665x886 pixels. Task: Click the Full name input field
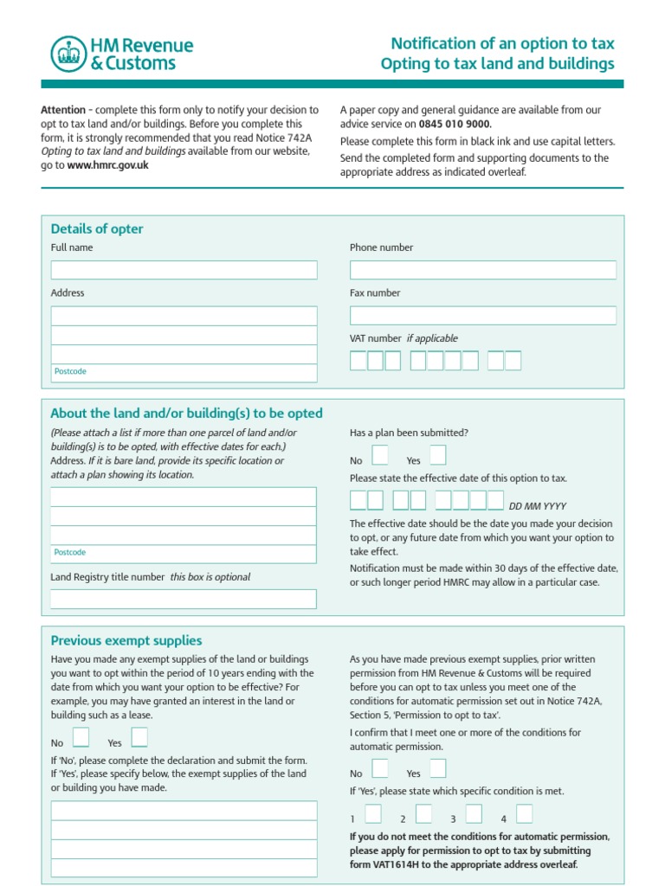coord(184,270)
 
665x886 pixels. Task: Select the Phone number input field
coord(482,270)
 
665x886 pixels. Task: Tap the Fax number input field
coord(482,316)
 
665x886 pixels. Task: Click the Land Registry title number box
coord(184,599)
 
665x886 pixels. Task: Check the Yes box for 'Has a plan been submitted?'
coord(437,455)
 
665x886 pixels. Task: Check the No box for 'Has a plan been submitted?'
coord(379,455)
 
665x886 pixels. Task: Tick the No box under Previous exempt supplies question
coord(81,737)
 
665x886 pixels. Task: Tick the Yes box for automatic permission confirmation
coord(437,768)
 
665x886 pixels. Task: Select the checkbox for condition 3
coord(474,813)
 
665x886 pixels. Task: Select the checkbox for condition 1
coord(373,813)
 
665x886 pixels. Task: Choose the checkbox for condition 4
coord(524,813)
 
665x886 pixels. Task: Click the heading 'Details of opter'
coord(97,229)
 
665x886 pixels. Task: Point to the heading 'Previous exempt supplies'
coord(126,641)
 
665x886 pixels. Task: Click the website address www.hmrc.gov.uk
coord(107,165)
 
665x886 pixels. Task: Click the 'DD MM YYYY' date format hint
coord(537,506)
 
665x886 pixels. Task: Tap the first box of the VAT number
coord(358,361)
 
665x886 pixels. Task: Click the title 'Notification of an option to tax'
coord(502,43)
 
